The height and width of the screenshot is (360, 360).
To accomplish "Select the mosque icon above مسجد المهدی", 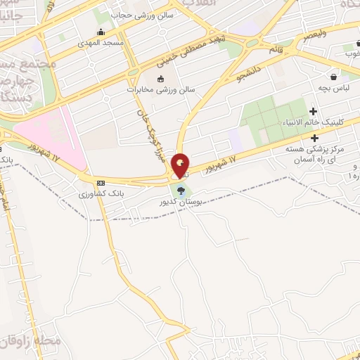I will pyautogui.click(x=103, y=31).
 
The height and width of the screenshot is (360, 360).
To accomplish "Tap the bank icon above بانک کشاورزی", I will pyautogui.click(x=101, y=181).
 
